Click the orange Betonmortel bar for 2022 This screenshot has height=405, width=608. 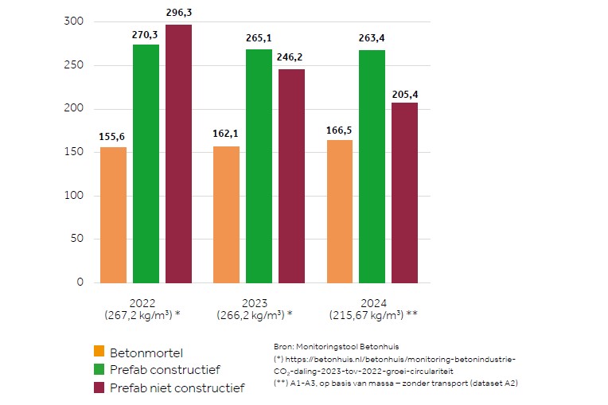112,215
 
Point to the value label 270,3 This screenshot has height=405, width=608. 146,35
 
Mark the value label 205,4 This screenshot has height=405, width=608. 404,94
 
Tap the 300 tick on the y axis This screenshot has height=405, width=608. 72,22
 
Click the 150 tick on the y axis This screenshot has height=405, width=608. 72,152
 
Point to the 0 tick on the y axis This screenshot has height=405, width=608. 79,282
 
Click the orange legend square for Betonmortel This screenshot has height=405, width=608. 99,351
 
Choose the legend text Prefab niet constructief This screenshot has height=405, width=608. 177,387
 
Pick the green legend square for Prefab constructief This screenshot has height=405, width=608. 99,369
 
